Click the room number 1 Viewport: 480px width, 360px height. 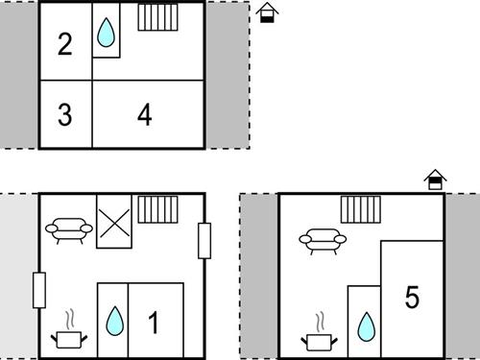click(154, 323)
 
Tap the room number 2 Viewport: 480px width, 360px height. click(65, 44)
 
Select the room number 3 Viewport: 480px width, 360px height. click(65, 114)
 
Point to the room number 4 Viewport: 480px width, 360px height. click(145, 114)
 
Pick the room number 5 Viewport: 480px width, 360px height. click(412, 298)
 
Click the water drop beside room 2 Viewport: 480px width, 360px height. click(106, 32)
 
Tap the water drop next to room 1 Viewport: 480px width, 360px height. click(114, 321)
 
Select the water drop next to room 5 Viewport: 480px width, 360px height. click(366, 326)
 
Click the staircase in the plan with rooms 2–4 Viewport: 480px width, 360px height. click(157, 17)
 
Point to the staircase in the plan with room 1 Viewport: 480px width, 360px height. click(157, 209)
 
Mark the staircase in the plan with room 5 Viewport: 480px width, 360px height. click(361, 209)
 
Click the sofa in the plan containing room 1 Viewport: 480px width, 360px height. click(69, 230)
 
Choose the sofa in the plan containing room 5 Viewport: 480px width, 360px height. click(323, 241)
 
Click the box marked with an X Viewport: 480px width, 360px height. click(114, 222)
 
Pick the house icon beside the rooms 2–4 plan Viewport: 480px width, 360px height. click(267, 12)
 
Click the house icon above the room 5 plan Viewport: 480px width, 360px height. click(435, 180)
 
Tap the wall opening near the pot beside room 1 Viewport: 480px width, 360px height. click(39, 290)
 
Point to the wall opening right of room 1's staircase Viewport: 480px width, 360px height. click(204, 241)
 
